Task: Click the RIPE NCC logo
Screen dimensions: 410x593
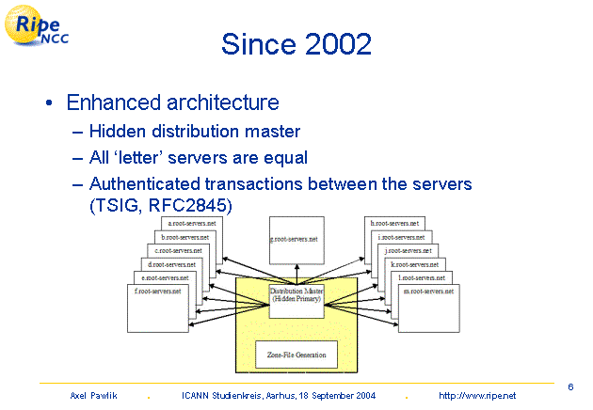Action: point(40,30)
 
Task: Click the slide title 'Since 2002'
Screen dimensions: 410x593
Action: point(296,43)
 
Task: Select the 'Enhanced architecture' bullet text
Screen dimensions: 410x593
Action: point(172,102)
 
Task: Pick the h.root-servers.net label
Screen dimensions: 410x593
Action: point(394,224)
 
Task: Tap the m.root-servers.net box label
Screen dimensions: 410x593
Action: point(427,292)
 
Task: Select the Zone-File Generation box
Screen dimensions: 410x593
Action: point(296,355)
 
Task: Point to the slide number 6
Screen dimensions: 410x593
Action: point(571,386)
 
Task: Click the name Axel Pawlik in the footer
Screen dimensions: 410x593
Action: point(92,397)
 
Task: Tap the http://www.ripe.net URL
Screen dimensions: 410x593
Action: point(477,397)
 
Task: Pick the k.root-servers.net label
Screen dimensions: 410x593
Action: point(412,265)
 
